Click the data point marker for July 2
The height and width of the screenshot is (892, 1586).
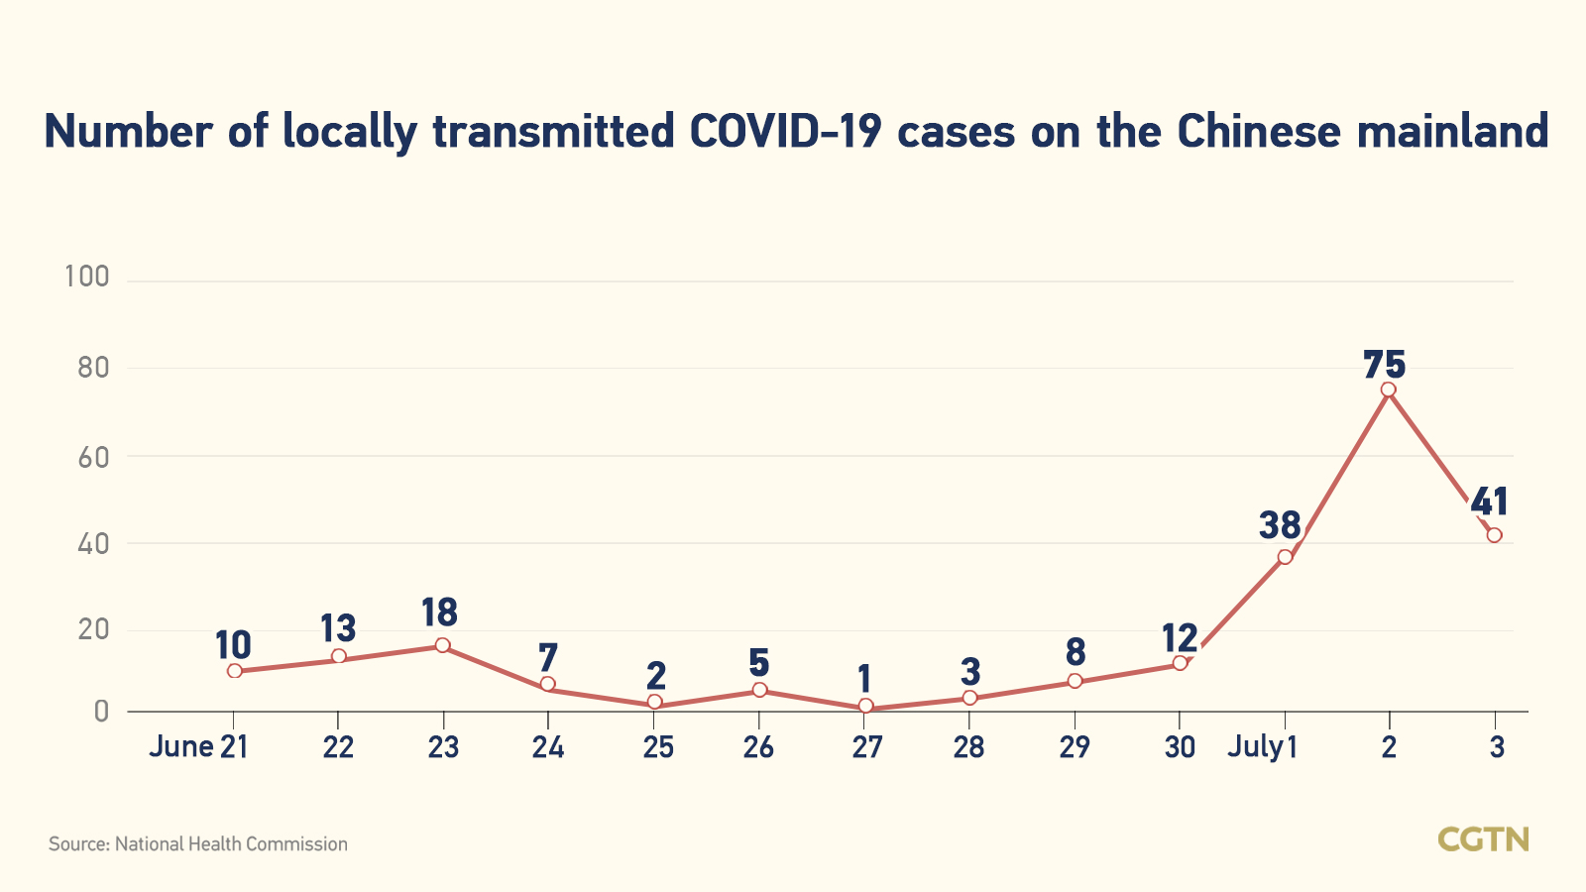(1388, 390)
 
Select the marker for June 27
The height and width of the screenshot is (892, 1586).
(865, 707)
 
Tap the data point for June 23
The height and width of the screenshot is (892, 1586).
(443, 646)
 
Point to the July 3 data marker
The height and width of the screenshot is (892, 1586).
(1494, 535)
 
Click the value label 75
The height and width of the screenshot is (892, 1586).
(1384, 365)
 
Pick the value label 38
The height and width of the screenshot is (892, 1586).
(1280, 525)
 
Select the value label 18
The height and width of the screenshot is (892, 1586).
(439, 613)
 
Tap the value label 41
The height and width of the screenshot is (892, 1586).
(1489, 502)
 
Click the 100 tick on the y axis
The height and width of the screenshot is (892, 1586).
(87, 277)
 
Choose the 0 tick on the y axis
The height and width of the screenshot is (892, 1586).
(101, 712)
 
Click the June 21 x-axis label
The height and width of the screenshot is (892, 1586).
(198, 747)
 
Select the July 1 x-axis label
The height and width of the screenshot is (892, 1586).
(1262, 747)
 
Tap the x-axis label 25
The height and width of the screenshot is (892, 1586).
(657, 747)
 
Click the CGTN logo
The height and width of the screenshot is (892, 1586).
(1483, 839)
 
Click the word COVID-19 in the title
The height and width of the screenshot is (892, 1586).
(785, 132)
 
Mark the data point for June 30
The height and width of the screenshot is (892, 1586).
(1180, 663)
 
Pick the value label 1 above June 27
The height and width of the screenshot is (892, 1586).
(864, 680)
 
